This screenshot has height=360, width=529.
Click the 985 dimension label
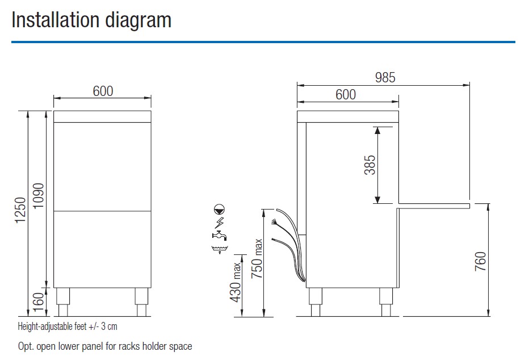(385, 78)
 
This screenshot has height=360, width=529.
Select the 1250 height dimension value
(20, 210)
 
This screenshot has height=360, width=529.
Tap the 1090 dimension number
(39, 196)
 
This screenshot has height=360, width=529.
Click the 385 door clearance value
(370, 165)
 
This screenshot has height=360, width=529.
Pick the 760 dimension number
(480, 261)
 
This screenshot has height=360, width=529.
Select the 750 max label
(257, 259)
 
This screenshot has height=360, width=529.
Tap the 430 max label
(236, 282)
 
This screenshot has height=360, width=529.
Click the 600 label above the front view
(103, 91)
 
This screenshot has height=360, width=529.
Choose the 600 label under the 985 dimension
(346, 94)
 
